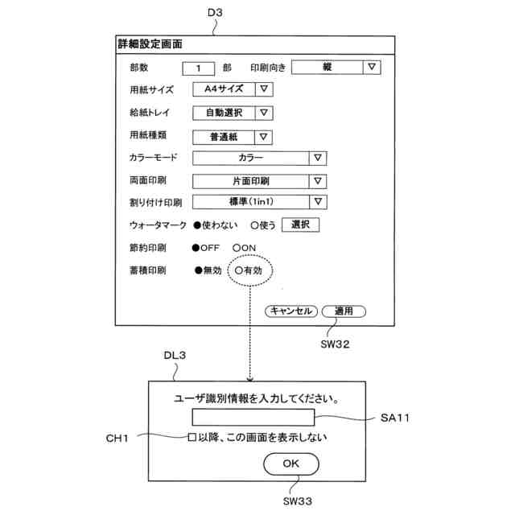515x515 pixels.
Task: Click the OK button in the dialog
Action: click(x=290, y=463)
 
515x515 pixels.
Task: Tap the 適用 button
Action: click(x=344, y=311)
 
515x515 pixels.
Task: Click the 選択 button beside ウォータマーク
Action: click(x=300, y=225)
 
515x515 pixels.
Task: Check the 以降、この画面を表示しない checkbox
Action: click(x=192, y=437)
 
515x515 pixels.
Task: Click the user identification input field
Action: click(x=253, y=418)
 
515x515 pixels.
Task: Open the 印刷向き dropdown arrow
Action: click(x=371, y=68)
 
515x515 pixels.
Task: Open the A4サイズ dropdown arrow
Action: click(x=264, y=90)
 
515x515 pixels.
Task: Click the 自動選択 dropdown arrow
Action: click(x=264, y=113)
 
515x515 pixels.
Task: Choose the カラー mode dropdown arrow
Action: click(x=318, y=159)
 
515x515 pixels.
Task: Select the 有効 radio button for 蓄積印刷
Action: click(x=239, y=271)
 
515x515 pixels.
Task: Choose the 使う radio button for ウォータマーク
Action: click(x=254, y=225)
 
